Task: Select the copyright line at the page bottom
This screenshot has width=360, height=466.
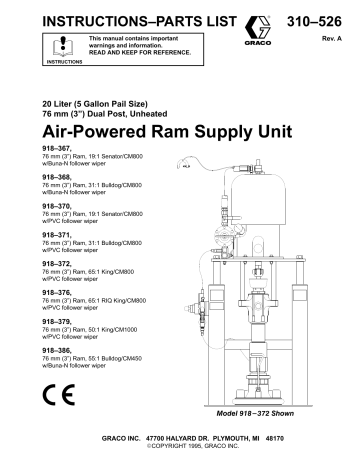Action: pos(180,456)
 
